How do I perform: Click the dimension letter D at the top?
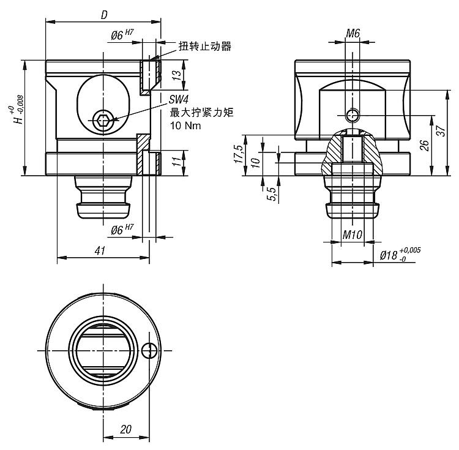point(104,14)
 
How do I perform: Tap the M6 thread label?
point(352,33)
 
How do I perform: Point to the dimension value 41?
point(101,250)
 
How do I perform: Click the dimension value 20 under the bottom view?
point(125,429)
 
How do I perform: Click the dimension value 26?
point(424,146)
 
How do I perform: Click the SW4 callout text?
point(179,100)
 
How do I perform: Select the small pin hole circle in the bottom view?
point(149,350)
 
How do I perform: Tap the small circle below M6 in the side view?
point(352,114)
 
